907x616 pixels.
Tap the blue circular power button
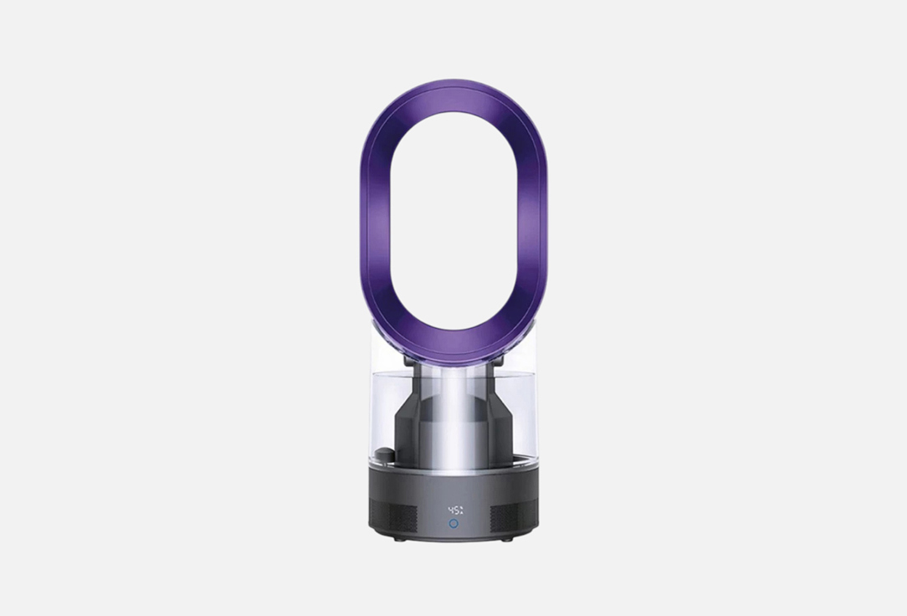453,523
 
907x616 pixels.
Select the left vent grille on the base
393,514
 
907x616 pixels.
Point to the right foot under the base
506,539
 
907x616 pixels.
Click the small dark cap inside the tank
383,454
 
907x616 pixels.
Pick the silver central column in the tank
453,418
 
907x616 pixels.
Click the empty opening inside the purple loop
453,222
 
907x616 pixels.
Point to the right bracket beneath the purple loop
497,362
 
